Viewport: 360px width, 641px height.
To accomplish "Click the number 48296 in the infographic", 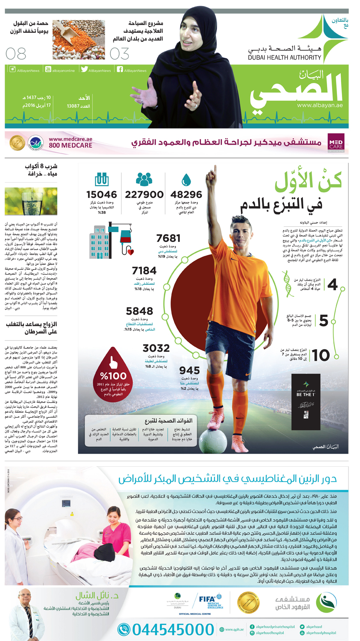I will click(186, 194).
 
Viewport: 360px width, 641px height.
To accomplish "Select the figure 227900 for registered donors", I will click(144, 194).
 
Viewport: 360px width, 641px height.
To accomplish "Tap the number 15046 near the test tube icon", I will click(102, 194).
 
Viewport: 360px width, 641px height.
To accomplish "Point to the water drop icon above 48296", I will click(187, 180).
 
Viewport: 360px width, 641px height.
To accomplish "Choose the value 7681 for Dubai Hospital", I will click(168, 238).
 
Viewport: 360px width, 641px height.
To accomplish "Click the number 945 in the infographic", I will click(189, 370).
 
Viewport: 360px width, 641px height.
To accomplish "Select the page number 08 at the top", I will click(16, 54).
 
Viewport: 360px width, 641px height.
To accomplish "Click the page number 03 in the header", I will click(120, 54).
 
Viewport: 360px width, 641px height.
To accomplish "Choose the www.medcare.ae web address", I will click(70, 140).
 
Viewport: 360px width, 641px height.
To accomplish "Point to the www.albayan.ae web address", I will click(320, 105).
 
